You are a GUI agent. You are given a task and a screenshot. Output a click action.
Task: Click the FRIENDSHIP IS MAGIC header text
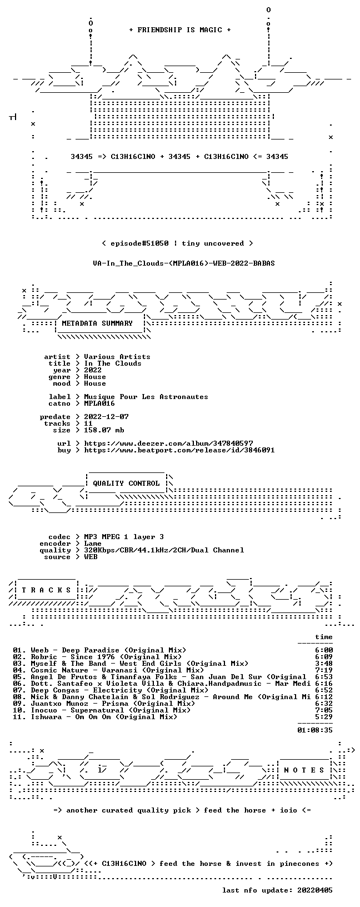coord(180,30)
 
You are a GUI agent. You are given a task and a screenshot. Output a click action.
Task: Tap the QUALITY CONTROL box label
coord(126,483)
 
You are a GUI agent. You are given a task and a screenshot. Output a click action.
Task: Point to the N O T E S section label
coord(304,770)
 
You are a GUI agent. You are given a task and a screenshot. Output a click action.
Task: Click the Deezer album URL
coord(168,443)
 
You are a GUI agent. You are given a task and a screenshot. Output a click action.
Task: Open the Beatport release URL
coord(179,450)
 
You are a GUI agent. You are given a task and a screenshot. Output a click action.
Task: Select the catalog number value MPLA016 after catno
coord(99,403)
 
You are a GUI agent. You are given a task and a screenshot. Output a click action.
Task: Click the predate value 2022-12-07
coord(106,417)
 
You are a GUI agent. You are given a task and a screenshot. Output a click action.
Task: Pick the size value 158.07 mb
coord(104,430)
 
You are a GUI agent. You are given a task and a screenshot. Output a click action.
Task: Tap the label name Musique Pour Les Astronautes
coord(146,397)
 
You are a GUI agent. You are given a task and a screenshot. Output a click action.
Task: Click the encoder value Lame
coord(93,544)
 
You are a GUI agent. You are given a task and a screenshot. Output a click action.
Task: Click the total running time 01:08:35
coord(314,730)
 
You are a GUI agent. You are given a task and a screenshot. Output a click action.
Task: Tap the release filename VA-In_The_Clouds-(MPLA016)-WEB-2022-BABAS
coord(184,263)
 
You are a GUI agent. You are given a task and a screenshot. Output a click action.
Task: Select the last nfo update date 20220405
coord(314,890)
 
